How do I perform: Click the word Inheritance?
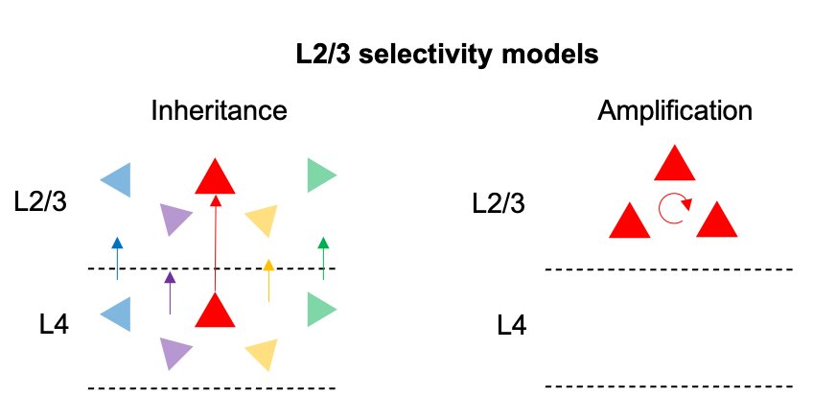click(219, 110)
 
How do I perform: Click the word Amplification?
click(675, 110)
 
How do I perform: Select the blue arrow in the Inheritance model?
click(117, 258)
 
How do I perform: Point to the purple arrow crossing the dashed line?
click(170, 293)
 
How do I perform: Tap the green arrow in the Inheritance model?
click(323, 257)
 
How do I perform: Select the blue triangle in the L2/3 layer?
click(118, 179)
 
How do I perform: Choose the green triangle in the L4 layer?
click(319, 310)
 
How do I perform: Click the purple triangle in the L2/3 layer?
click(174, 220)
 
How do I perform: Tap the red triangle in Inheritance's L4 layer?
click(215, 312)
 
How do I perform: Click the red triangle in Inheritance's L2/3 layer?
click(215, 176)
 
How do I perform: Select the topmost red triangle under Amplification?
click(675, 165)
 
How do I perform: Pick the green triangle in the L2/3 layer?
click(319, 175)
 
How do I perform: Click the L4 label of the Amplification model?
click(512, 326)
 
